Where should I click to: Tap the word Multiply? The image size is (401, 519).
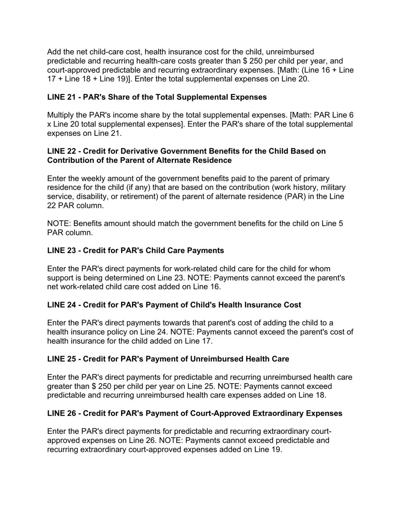click(x=62, y=115)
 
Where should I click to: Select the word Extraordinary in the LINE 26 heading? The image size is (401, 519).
click(x=282, y=414)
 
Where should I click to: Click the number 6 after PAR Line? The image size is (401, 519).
click(x=351, y=115)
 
